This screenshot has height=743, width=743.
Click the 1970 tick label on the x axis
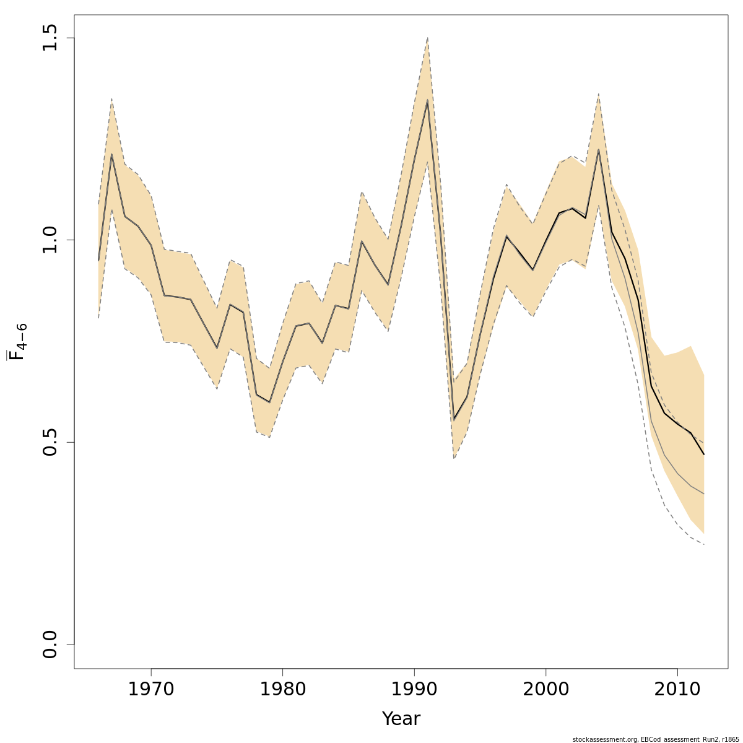pos(150,690)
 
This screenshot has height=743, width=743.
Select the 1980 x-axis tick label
pos(282,690)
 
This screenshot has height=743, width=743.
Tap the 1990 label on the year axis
pos(414,690)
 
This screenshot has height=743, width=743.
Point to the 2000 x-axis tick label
pos(545,690)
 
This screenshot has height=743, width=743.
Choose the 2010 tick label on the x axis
pos(677,690)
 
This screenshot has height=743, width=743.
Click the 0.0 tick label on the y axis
pos(51,644)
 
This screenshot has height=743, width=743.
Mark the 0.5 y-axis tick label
pos(51,442)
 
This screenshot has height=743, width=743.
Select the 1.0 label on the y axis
pos(51,240)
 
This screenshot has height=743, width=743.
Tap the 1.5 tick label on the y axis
pos(51,38)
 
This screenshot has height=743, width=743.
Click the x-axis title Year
pos(401,719)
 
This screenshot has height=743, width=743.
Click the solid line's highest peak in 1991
pos(427,100)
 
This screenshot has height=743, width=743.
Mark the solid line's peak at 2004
pos(599,149)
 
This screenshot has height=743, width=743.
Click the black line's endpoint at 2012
pos(704,455)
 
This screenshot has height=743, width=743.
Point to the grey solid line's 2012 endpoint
pos(704,493)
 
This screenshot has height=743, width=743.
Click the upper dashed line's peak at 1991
pos(427,38)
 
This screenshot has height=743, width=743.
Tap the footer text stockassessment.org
pos(604,739)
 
